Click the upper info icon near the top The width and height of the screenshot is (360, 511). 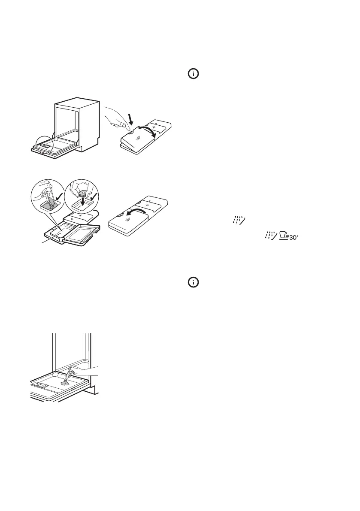point(194,74)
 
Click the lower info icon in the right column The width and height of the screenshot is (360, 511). point(194,282)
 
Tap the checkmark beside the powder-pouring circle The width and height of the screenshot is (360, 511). point(59,199)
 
